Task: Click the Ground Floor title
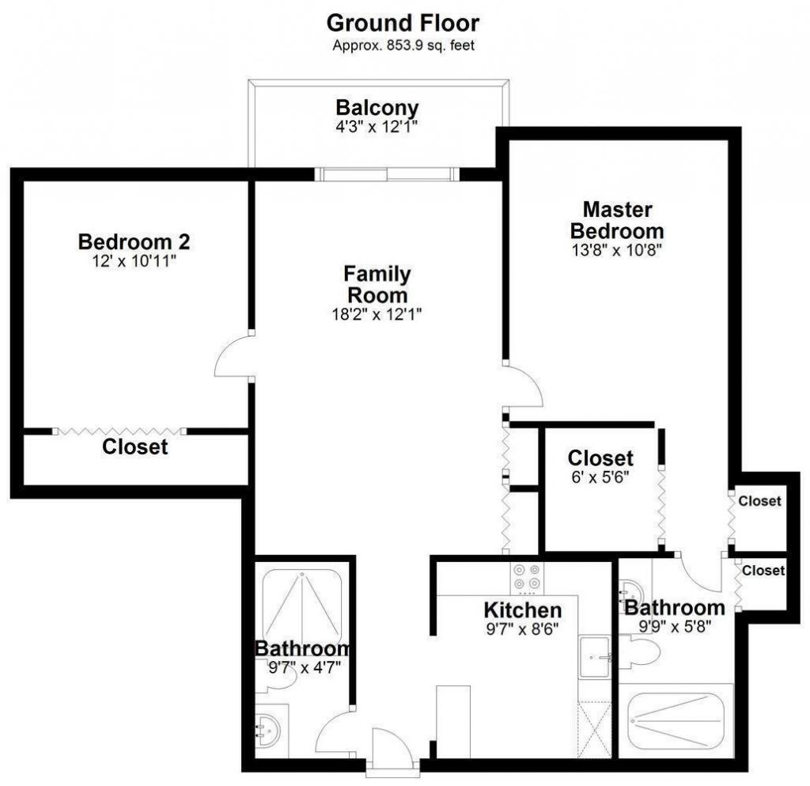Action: pyautogui.click(x=403, y=22)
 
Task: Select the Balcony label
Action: pyautogui.click(x=377, y=107)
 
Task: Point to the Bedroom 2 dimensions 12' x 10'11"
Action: pyautogui.click(x=134, y=260)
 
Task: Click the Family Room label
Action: pyautogui.click(x=377, y=284)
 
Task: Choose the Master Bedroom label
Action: pyautogui.click(x=617, y=220)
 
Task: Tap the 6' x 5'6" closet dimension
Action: pyautogui.click(x=600, y=477)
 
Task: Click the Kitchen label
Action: pyautogui.click(x=523, y=609)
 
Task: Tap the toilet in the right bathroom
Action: pyautogui.click(x=639, y=653)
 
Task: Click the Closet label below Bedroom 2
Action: pyautogui.click(x=135, y=447)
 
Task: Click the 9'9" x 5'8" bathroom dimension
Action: pyautogui.click(x=674, y=625)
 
